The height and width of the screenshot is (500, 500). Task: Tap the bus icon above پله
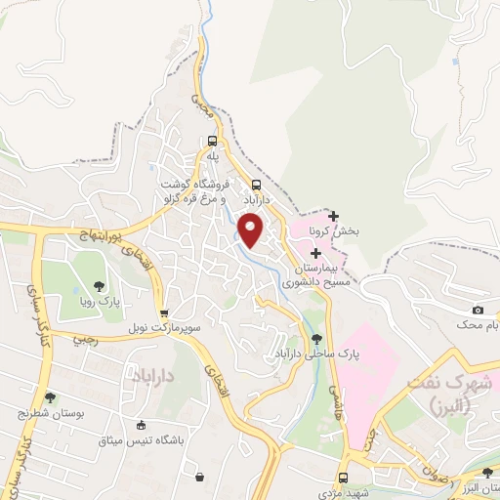pyautogui.click(x=213, y=141)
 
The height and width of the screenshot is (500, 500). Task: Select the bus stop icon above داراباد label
pyautogui.click(x=257, y=185)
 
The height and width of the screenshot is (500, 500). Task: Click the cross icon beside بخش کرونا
pyautogui.click(x=334, y=216)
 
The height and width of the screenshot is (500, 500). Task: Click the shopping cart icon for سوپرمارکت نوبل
pyautogui.click(x=164, y=312)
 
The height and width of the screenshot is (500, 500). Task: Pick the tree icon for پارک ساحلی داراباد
pyautogui.click(x=315, y=341)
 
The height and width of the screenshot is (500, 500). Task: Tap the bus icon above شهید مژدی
pyautogui.click(x=343, y=479)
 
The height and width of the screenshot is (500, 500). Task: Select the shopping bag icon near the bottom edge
pyautogui.click(x=200, y=478)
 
